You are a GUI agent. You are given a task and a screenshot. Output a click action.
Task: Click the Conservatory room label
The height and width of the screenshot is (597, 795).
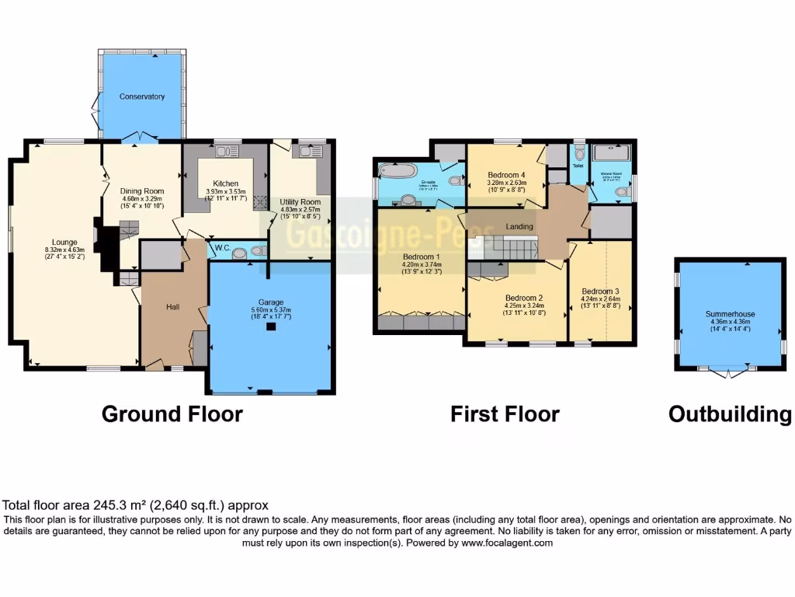[x=142, y=96]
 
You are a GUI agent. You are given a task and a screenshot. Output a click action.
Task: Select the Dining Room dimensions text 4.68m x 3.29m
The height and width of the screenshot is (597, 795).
[x=142, y=198]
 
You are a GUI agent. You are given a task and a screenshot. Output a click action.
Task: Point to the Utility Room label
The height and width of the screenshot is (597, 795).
[x=300, y=202]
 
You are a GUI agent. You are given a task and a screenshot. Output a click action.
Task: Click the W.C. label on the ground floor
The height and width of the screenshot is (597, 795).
[x=220, y=250]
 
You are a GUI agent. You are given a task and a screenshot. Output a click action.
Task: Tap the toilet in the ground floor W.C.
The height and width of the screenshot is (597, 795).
[x=241, y=251]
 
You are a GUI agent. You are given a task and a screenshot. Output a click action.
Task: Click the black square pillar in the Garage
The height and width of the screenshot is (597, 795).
[x=270, y=327]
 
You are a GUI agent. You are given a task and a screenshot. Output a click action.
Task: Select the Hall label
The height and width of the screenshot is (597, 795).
[x=172, y=307]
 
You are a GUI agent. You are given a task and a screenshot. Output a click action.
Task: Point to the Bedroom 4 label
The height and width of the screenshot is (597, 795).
[x=506, y=175]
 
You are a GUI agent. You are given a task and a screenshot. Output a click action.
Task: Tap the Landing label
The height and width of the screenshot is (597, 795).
[x=519, y=227]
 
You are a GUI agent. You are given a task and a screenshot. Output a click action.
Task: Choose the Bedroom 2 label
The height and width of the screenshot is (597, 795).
[x=523, y=298]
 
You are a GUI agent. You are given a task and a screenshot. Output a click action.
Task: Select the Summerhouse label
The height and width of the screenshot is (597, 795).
[x=730, y=314]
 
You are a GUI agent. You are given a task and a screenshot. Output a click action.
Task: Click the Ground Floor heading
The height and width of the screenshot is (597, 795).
[x=172, y=414]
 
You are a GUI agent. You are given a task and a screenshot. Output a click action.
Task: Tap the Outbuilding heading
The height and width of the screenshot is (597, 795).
[x=730, y=414]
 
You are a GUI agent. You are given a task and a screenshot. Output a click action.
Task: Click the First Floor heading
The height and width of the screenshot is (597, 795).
[x=505, y=414]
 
